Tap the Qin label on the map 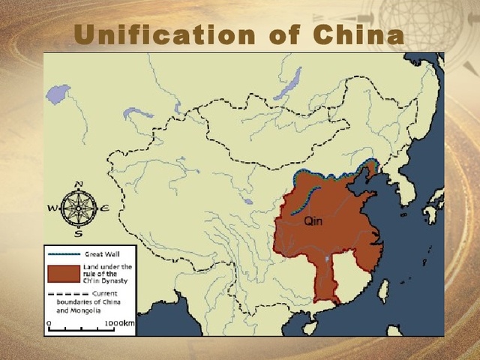314,221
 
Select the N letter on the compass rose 79,184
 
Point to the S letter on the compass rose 78,233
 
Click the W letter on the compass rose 52,208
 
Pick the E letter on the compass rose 104,208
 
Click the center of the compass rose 78,208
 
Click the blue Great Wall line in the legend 63,254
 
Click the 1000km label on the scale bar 120,323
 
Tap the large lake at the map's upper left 57,94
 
